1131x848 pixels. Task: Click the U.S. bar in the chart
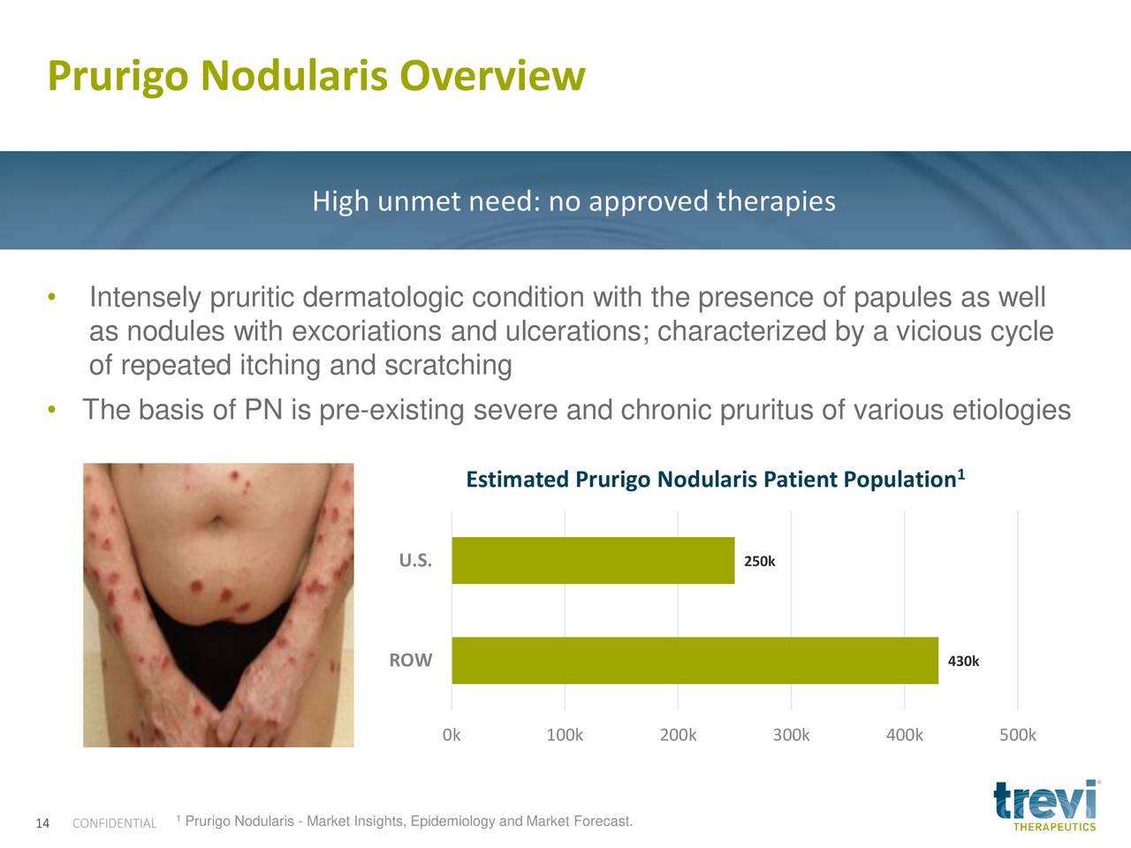(x=593, y=560)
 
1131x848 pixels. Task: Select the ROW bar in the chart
(x=695, y=661)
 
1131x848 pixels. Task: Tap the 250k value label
(x=760, y=561)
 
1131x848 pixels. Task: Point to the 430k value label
(x=963, y=661)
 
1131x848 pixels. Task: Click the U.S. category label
(x=415, y=560)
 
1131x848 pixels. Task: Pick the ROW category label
(x=411, y=660)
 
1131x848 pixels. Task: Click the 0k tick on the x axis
(x=452, y=735)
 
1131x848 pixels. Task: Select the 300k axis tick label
(x=791, y=735)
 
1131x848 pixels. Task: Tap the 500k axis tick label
(x=1018, y=735)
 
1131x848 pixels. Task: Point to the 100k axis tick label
(x=565, y=735)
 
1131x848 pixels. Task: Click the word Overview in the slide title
(x=492, y=76)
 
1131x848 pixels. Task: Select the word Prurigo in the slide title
(x=118, y=77)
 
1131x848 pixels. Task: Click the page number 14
(x=42, y=823)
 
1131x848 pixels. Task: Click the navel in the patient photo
(x=216, y=520)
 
